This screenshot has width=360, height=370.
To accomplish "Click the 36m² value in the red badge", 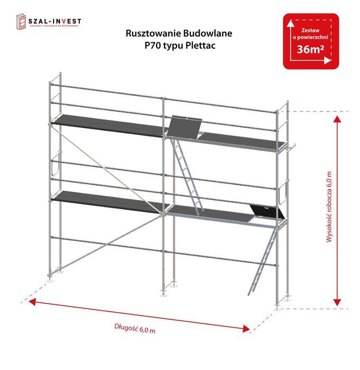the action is (x=310, y=51).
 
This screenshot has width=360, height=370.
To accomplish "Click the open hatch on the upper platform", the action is (x=185, y=127).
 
